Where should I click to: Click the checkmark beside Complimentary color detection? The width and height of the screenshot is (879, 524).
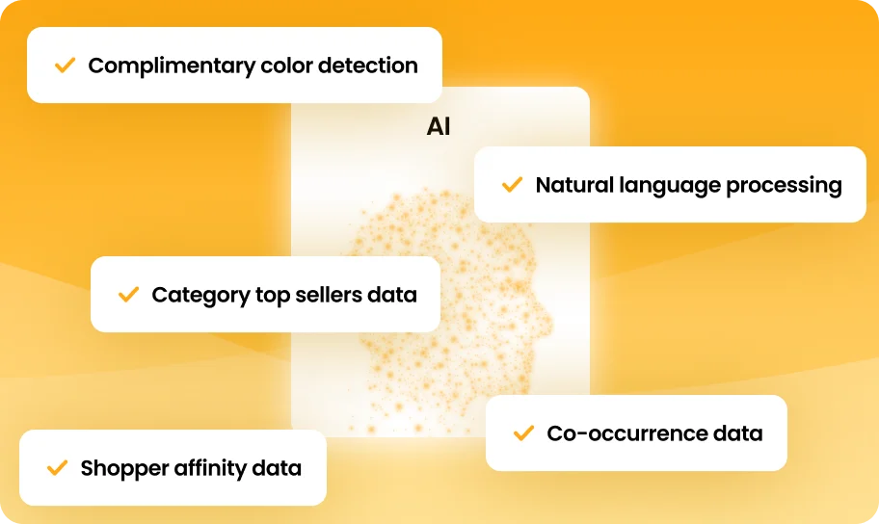click(x=65, y=65)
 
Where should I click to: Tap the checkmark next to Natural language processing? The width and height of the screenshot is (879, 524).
click(x=512, y=184)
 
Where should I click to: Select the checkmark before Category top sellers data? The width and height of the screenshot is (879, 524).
click(x=128, y=294)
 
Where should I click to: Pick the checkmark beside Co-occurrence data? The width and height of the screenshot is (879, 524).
click(x=523, y=432)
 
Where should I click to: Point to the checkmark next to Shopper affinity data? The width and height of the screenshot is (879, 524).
click(x=57, y=467)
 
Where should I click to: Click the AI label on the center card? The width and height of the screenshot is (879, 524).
click(x=439, y=126)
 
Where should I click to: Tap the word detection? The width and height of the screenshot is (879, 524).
click(x=368, y=65)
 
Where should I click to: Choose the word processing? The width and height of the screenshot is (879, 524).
click(x=784, y=186)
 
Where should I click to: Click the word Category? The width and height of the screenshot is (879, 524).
click(x=200, y=296)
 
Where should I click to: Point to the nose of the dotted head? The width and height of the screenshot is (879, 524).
click(x=548, y=322)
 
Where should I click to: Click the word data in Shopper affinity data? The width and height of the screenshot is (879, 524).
click(x=277, y=468)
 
